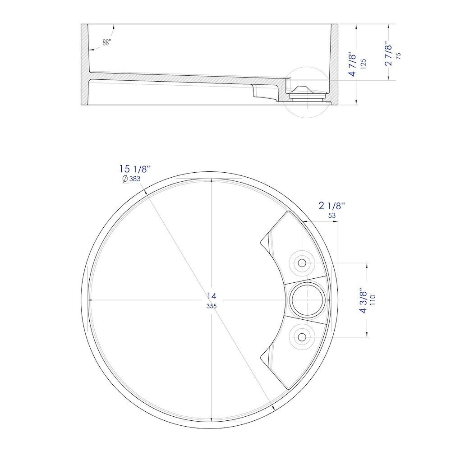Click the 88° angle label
pos(106,42)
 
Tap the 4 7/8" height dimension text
pos(353,65)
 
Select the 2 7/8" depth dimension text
pos(389,55)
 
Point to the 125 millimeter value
pos(363,64)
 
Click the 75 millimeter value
pos(398,56)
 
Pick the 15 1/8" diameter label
pos(135,169)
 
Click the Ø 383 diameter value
pos(131,179)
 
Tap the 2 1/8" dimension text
pos(332,206)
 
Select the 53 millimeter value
pos(332,216)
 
